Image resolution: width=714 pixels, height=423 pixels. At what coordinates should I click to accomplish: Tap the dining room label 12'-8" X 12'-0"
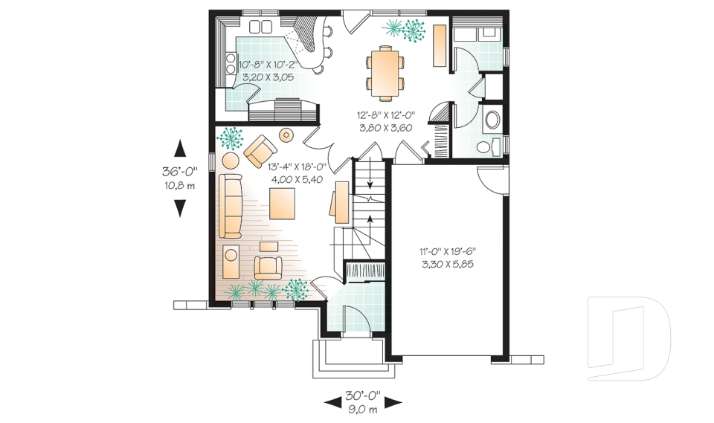[386, 116]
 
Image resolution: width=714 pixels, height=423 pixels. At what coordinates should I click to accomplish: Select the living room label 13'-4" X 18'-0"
[297, 167]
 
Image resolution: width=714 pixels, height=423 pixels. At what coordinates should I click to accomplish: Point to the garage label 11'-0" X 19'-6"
[448, 251]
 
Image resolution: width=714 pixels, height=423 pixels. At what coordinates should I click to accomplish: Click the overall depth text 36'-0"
[180, 172]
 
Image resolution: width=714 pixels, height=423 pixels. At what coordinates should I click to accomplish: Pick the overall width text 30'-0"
[363, 395]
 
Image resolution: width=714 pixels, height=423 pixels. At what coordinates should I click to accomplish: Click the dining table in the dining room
[385, 74]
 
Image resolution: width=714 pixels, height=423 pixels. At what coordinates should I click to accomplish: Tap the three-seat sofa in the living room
[231, 206]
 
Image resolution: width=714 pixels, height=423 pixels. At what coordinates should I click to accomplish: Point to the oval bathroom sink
[492, 120]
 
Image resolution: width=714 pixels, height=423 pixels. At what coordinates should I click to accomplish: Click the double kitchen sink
[260, 27]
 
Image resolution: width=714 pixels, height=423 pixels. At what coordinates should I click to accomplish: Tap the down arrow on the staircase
[370, 173]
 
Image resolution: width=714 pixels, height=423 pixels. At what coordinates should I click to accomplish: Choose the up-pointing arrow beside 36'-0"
[180, 149]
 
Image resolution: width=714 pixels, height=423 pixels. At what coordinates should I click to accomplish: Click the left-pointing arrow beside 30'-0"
[333, 402]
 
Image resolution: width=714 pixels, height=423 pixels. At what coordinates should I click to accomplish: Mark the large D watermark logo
[629, 338]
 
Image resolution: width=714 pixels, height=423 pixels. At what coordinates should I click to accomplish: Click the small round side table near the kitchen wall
[286, 135]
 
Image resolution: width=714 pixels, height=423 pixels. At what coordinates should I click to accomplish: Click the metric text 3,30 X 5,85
[448, 264]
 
